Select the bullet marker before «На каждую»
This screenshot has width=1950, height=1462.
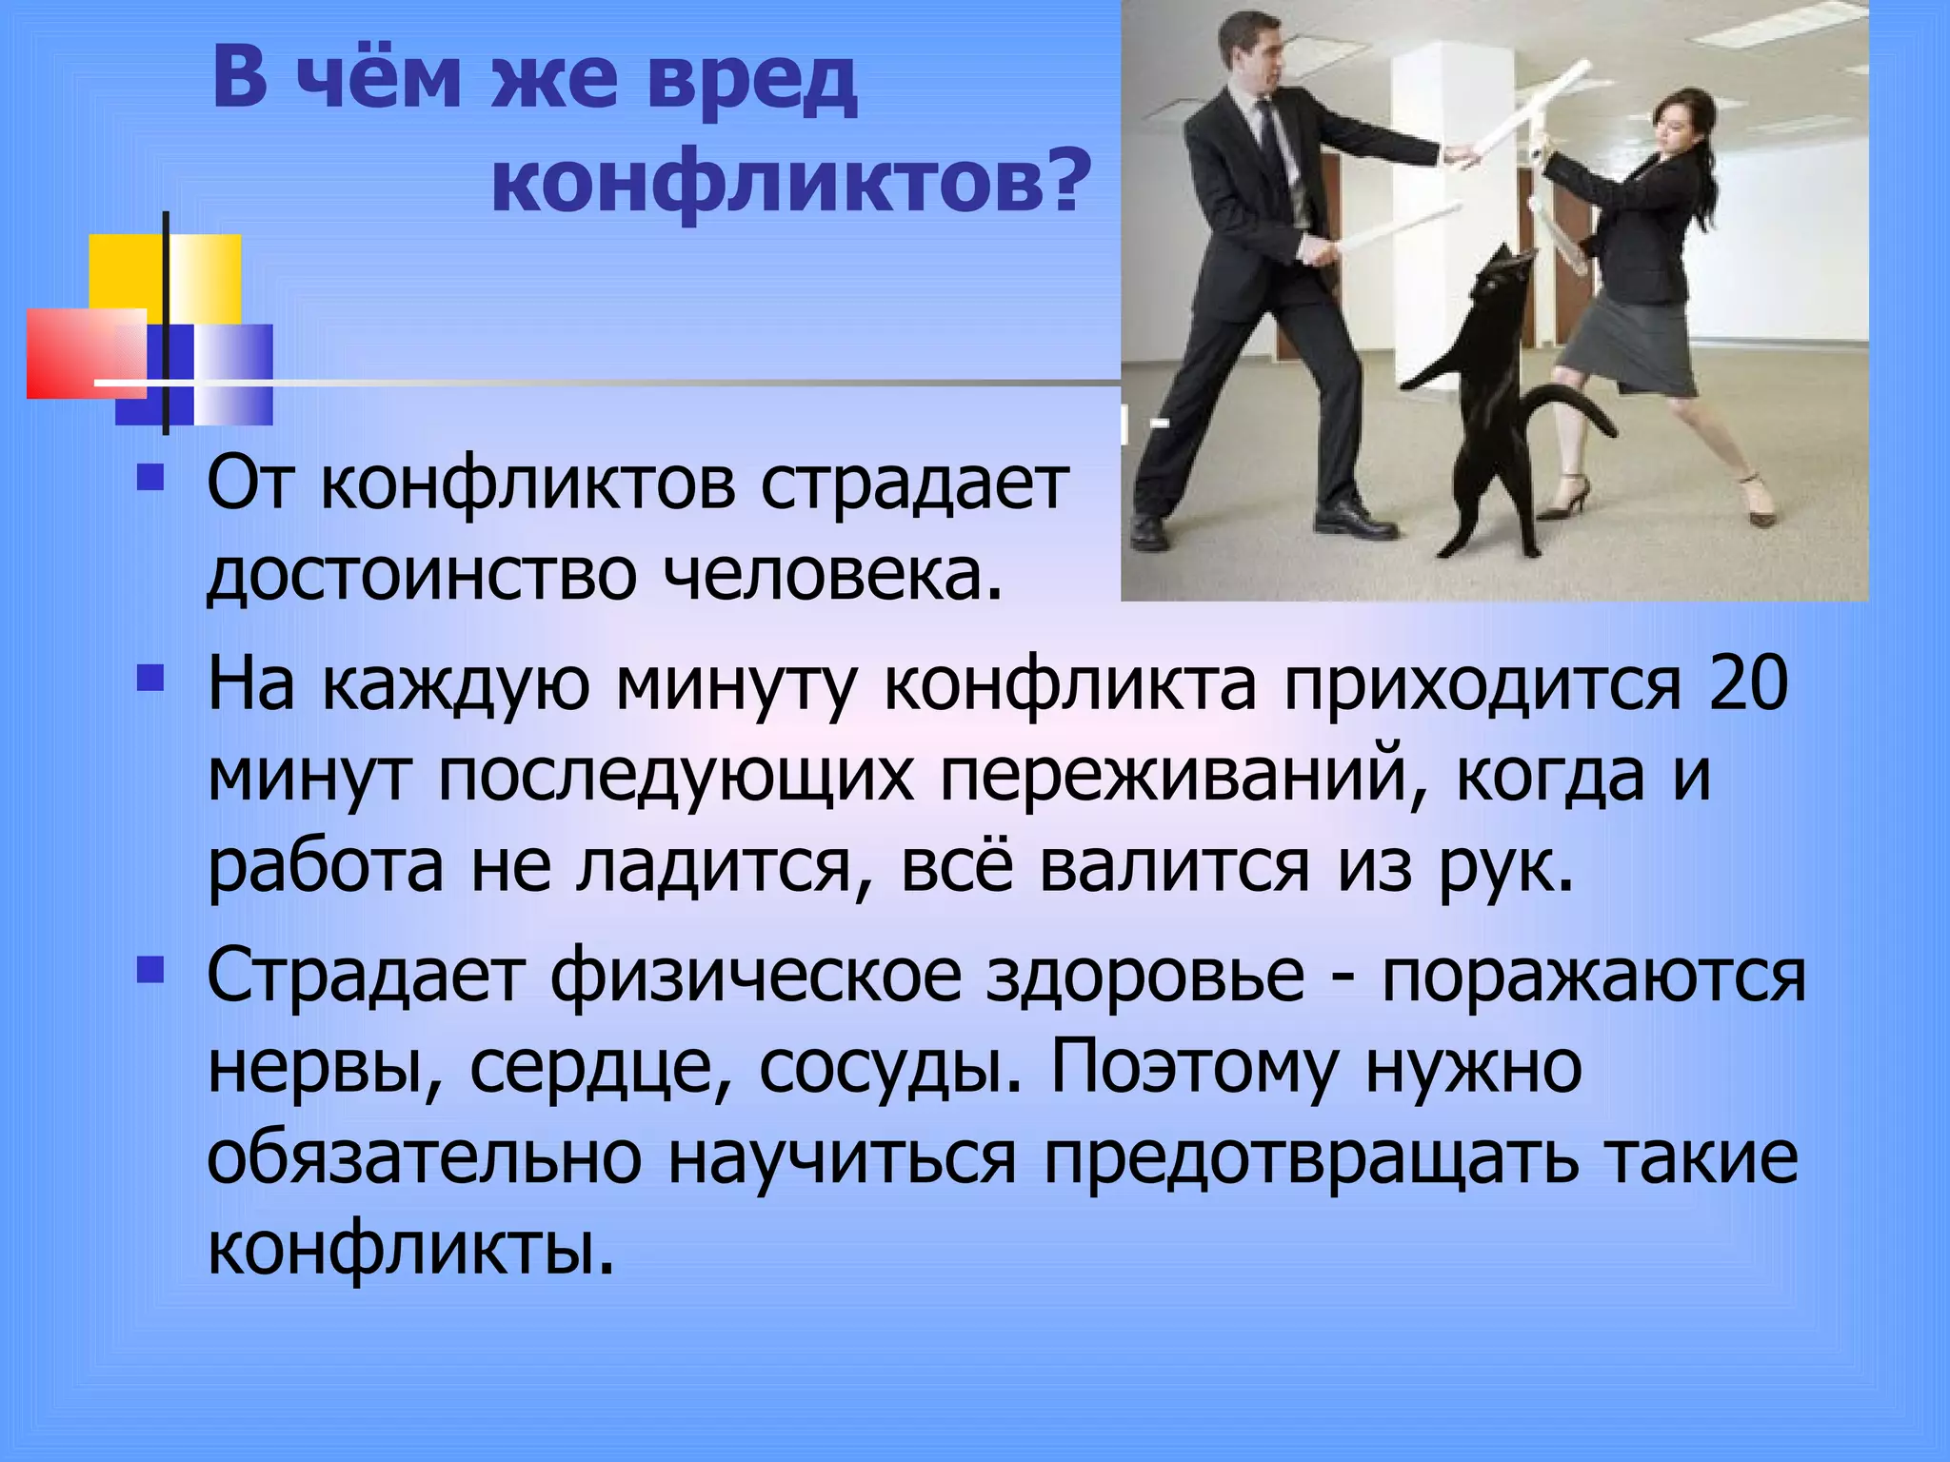(149, 679)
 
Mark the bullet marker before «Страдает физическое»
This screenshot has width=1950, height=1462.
(149, 970)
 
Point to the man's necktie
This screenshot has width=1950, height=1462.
(1271, 143)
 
